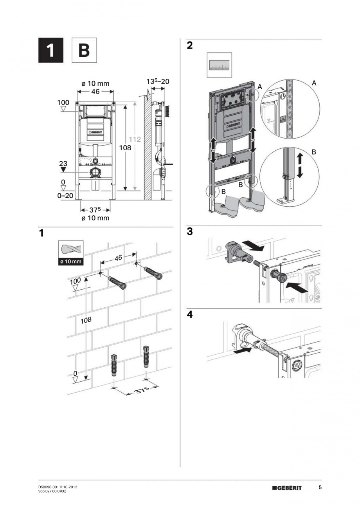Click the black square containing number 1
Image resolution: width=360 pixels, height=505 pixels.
pyautogui.click(x=50, y=51)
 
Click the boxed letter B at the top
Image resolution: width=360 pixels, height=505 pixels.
pyautogui.click(x=84, y=51)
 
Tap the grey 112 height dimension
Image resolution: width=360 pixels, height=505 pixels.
pyautogui.click(x=135, y=140)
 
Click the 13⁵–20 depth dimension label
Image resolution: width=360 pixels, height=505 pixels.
pyautogui.click(x=158, y=81)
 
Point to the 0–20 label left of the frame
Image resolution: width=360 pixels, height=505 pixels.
pyautogui.click(x=65, y=196)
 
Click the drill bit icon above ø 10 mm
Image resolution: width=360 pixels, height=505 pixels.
pyautogui.click(x=71, y=249)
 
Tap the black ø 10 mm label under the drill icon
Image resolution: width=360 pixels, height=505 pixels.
pyautogui.click(x=71, y=261)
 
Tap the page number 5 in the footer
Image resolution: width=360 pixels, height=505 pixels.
pyautogui.click(x=320, y=488)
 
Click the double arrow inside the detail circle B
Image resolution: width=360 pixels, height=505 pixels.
pyautogui.click(x=300, y=166)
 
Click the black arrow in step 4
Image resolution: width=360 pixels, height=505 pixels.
pyautogui.click(x=242, y=352)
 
